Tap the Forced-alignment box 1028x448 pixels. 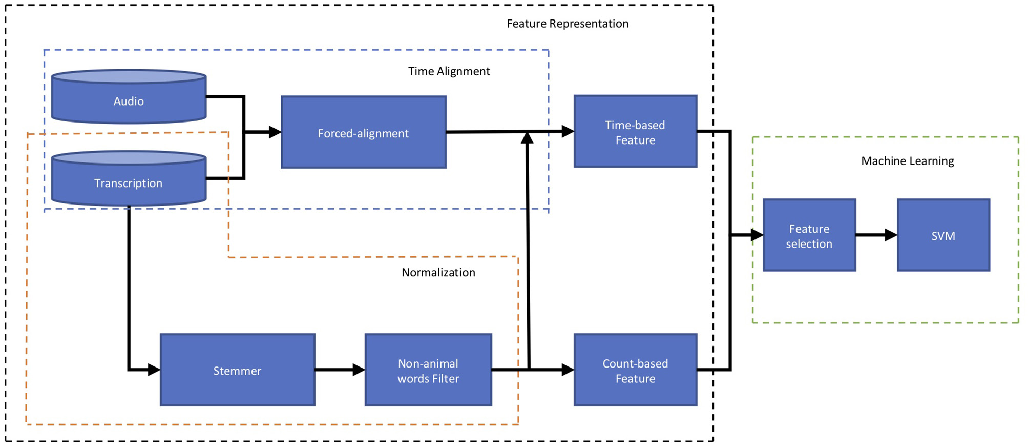(363, 132)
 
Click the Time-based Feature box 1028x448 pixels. (635, 132)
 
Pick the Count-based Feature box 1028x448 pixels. (635, 370)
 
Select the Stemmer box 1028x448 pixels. (237, 370)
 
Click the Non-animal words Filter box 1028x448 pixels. (428, 370)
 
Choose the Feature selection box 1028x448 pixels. (809, 235)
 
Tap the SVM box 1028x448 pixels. (943, 235)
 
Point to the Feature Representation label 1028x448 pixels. (567, 24)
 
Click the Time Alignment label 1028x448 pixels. (449, 71)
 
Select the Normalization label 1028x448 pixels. (438, 272)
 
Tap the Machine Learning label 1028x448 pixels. (907, 161)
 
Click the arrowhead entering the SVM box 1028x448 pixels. (891, 235)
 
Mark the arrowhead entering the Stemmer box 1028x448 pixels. (154, 370)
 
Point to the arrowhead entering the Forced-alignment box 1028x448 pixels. (275, 132)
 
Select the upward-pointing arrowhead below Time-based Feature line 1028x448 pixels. (527, 138)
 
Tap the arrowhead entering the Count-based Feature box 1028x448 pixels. (568, 370)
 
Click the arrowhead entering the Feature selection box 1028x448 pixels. (757, 235)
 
